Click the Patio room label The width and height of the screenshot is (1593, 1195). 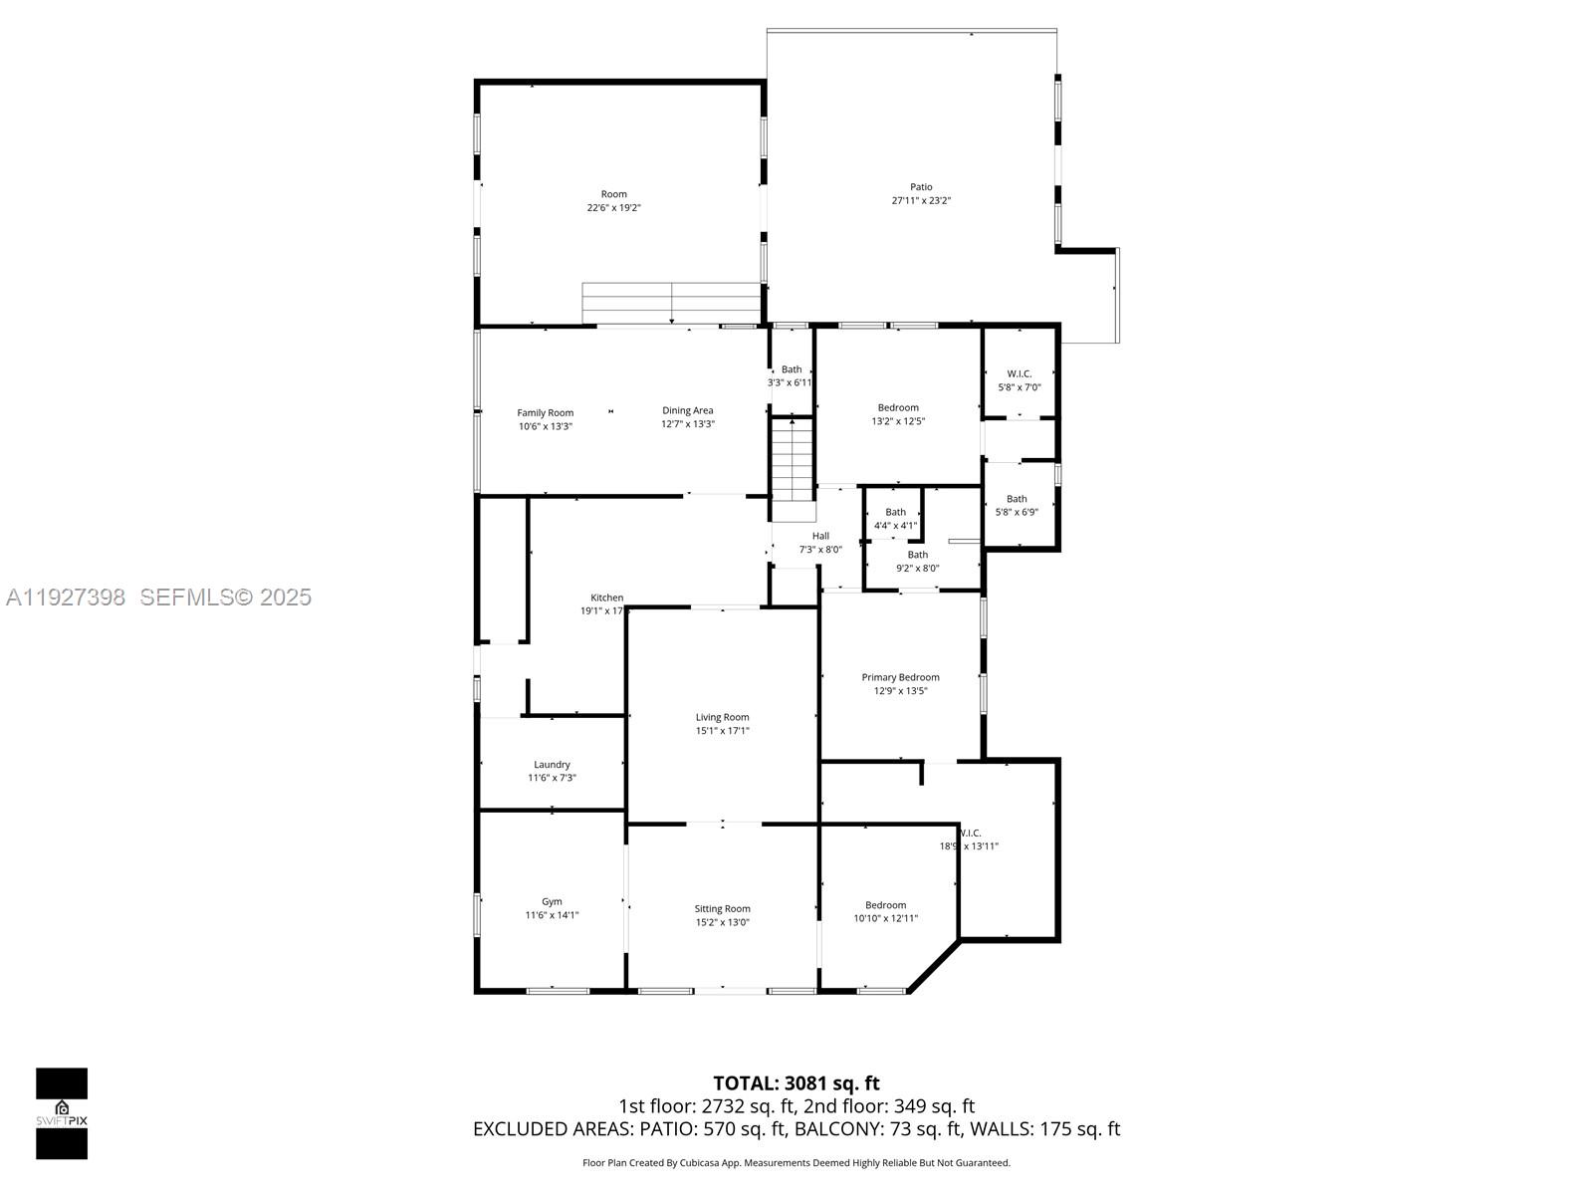tap(921, 187)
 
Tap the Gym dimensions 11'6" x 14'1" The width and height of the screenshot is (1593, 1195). tap(552, 915)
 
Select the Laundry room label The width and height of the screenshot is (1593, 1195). tap(552, 765)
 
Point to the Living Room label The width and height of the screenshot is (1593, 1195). tap(722, 717)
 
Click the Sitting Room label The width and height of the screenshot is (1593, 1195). tap(722, 908)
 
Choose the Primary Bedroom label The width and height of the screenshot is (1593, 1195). tap(900, 677)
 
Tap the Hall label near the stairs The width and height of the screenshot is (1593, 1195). tap(820, 536)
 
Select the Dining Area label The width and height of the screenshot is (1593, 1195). tap(688, 410)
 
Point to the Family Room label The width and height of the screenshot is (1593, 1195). tap(546, 412)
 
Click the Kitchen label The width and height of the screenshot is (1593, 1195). tap(606, 597)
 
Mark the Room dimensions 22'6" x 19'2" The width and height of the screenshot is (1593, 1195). tap(614, 208)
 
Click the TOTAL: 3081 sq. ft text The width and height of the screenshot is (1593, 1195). tap(796, 1083)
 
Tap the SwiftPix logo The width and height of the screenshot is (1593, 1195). tap(62, 1113)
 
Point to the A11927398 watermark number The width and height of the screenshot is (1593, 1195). tap(66, 597)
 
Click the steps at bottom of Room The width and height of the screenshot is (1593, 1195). tap(672, 303)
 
